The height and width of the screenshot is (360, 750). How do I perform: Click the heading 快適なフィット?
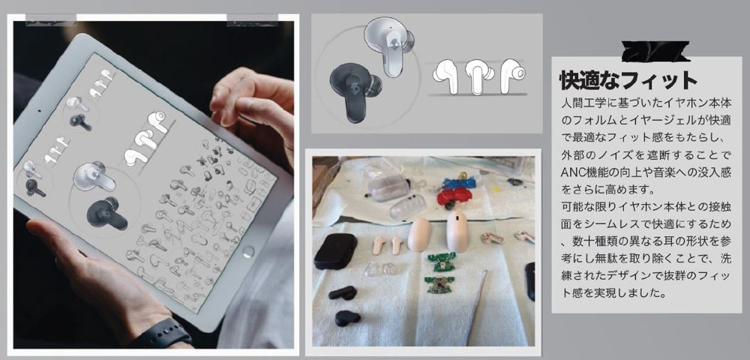pos(628,81)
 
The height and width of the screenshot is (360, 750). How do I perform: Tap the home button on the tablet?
pos(247,251)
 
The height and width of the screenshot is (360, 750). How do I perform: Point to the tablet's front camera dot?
pos(39,112)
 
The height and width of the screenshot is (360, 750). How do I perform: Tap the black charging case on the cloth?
pos(335,251)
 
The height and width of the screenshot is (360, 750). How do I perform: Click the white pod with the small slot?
pos(456,232)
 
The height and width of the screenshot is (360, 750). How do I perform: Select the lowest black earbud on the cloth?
pos(348,318)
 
